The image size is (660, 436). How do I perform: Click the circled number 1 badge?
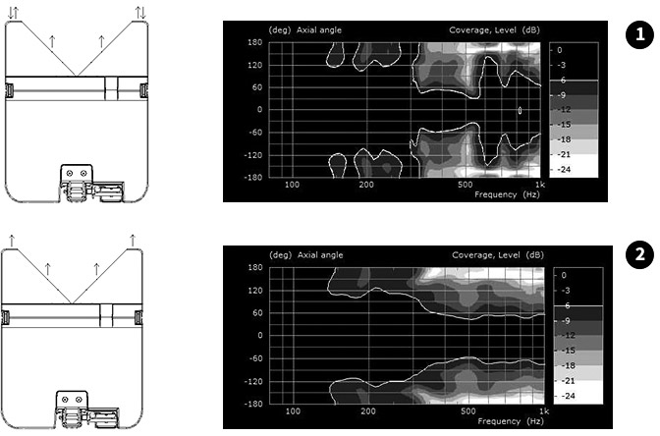point(639,34)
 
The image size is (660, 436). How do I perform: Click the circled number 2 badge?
point(639,254)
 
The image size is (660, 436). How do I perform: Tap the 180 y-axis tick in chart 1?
point(255,42)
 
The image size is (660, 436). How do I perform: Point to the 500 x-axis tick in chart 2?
point(468,411)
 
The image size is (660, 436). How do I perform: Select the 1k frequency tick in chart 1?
point(540,185)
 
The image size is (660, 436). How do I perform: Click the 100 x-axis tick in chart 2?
point(293,411)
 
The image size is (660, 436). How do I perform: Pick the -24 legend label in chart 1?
point(564,170)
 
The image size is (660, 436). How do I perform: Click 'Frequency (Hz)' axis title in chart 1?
point(507,194)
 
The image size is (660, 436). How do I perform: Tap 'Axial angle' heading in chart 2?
point(320,255)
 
